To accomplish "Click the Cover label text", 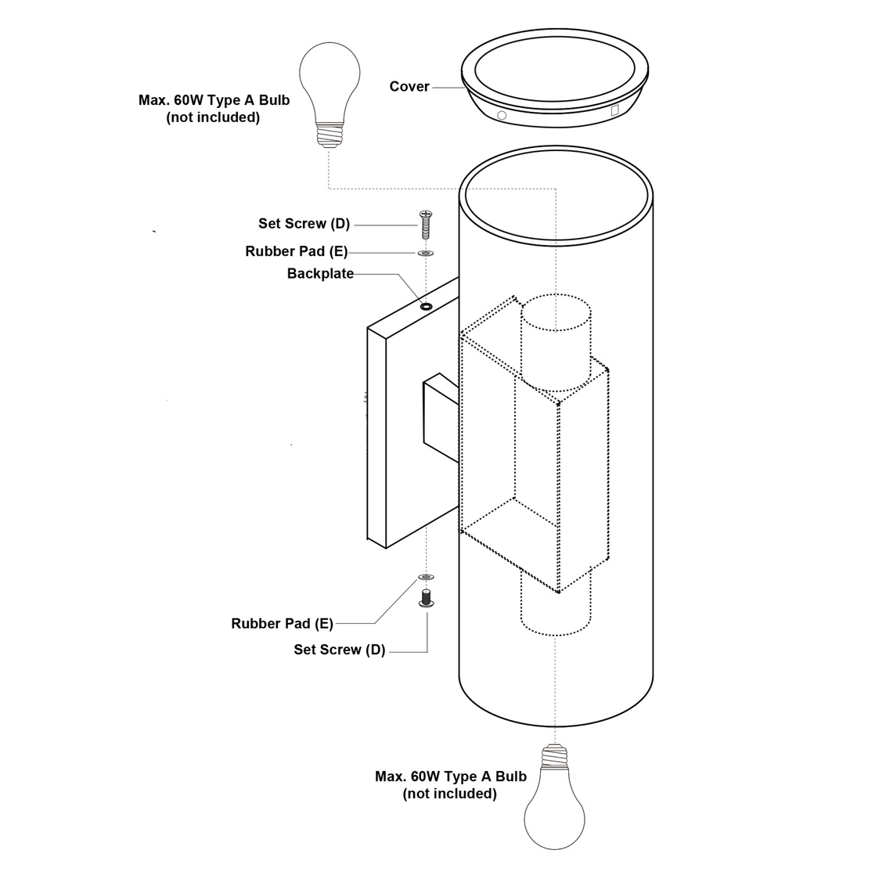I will (409, 87).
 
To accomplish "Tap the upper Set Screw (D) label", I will (304, 224).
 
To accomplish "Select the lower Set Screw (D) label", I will (340, 650).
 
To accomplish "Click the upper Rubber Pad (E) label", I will (297, 252).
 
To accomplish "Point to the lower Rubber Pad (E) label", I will (283, 624).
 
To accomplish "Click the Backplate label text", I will (320, 274).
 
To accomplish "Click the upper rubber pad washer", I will (426, 254).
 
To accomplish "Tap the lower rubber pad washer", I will (426, 577).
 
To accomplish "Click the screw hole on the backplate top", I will (426, 305).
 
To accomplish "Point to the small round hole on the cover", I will (502, 115).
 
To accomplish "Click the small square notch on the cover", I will (614, 110).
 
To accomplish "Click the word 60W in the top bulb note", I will (189, 100).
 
